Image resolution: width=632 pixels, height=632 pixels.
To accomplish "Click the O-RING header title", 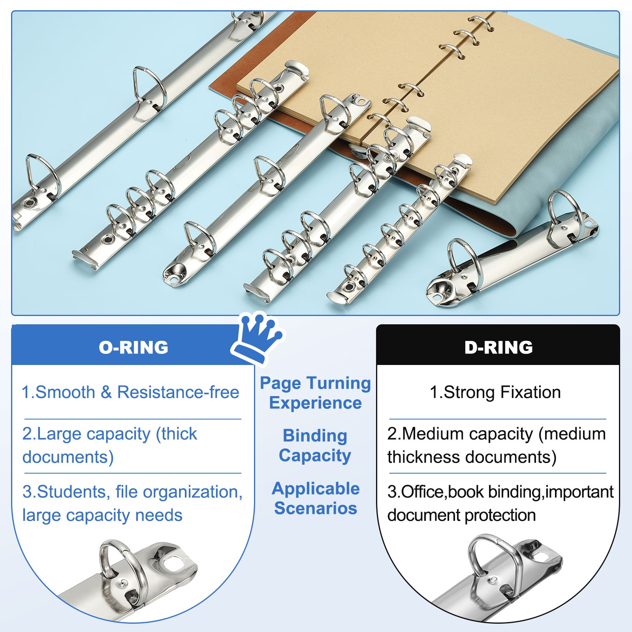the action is (134, 347).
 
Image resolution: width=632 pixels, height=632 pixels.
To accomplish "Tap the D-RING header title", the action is (498, 347).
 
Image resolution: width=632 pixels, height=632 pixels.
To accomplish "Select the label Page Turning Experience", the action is (315, 393).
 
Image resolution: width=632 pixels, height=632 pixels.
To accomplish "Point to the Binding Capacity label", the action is (315, 445).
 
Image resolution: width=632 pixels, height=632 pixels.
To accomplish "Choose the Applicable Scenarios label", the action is (316, 498).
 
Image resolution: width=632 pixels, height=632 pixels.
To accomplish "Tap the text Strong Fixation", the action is (502, 392).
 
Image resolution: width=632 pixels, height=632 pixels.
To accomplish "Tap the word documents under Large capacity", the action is (68, 457).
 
